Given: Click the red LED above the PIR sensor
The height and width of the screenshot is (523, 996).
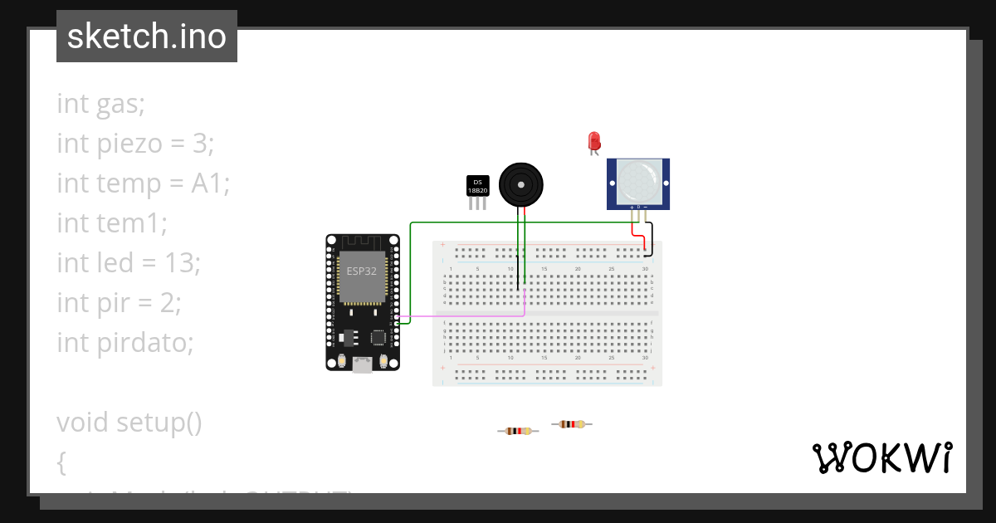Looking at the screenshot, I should [x=593, y=140].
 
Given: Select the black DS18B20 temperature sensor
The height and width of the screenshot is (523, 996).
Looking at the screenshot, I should [x=477, y=186].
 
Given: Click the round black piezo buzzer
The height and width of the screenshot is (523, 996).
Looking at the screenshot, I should [x=520, y=183].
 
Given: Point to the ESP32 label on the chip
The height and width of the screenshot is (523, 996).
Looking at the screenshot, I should [x=360, y=271].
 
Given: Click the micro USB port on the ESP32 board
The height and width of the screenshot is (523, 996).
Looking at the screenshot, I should [x=363, y=364].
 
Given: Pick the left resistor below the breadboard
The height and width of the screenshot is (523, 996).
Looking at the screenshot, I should [x=518, y=431].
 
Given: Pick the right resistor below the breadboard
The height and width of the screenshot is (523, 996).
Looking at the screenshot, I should [x=571, y=424].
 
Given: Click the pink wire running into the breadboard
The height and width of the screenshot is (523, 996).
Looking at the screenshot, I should [x=465, y=315].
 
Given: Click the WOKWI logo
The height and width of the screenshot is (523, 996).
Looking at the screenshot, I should [x=881, y=457].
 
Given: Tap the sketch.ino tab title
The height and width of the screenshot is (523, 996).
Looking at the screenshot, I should [x=147, y=37].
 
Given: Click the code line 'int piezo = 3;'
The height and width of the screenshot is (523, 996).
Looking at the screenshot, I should [x=135, y=144].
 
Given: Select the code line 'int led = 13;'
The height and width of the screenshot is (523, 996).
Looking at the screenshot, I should [x=129, y=263].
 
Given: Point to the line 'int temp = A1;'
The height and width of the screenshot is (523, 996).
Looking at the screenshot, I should [x=143, y=183].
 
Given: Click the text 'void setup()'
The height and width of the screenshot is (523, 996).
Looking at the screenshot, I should [x=129, y=423].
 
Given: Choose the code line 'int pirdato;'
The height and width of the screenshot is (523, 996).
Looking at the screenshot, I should [x=124, y=342].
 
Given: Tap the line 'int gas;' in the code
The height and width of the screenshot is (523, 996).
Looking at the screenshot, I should [x=100, y=104].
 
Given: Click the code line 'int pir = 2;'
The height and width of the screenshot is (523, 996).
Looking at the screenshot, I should [x=119, y=303].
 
